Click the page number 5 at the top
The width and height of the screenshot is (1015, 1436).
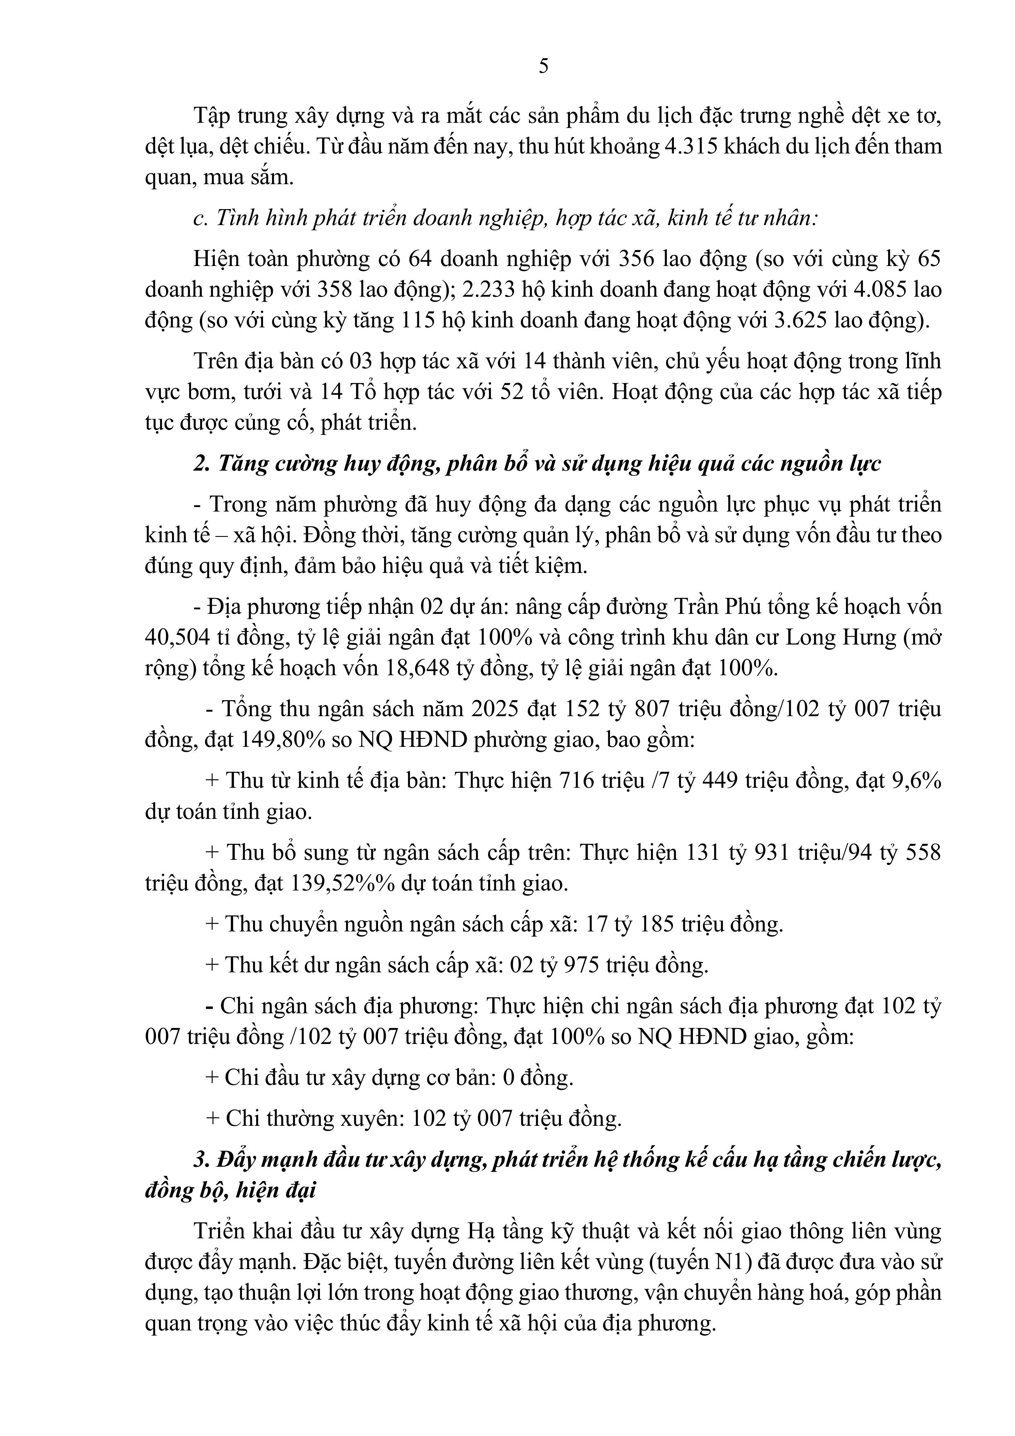[543, 66]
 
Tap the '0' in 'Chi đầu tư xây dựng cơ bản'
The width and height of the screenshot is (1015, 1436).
[509, 1078]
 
